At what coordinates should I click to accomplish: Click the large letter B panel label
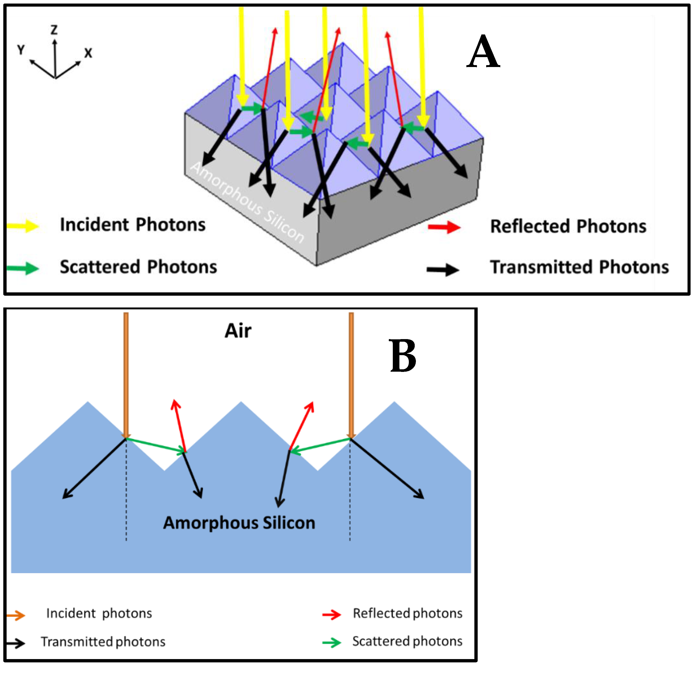[x=403, y=356]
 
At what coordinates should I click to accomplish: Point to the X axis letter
[x=88, y=53]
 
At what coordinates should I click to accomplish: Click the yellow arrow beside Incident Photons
[x=23, y=226]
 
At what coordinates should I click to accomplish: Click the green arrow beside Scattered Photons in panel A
[x=23, y=268]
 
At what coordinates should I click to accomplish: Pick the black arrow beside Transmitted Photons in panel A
[x=443, y=270]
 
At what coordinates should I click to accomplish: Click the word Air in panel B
[x=238, y=331]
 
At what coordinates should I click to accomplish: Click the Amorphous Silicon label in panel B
[x=239, y=523]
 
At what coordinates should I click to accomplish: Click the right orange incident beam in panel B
[x=351, y=373]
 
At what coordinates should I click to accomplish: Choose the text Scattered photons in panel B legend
[x=407, y=641]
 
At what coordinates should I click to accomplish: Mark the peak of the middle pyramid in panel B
[x=241, y=402]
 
